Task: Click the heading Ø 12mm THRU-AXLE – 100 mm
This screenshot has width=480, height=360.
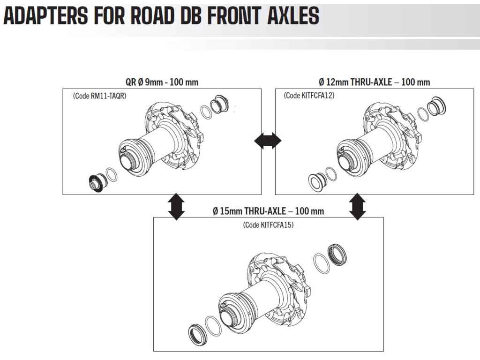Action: [374, 82]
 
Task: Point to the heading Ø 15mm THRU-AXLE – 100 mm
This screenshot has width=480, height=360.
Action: [268, 211]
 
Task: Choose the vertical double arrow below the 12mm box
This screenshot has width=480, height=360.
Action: [358, 206]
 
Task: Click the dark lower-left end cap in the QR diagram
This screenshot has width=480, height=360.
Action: [97, 182]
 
